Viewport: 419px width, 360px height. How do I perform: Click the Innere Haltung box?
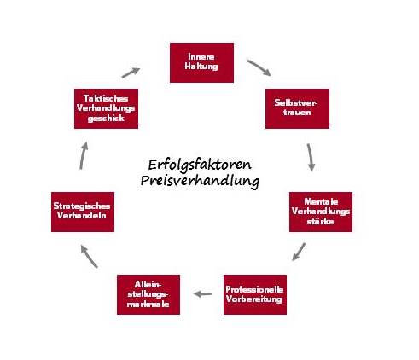pos(201,62)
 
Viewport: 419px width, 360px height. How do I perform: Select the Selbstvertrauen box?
pos(297,108)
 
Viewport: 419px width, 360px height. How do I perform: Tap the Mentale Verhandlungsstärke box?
pos(321,212)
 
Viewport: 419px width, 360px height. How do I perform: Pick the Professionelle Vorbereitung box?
pos(255,294)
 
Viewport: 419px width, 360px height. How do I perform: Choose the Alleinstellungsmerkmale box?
pos(148,294)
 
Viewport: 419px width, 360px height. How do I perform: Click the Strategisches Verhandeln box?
pos(83,212)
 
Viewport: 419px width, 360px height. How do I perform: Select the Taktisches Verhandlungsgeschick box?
pos(106,108)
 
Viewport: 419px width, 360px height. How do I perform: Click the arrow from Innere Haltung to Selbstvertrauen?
pos(259,67)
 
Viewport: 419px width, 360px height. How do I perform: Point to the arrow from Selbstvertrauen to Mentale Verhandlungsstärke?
pos(310,157)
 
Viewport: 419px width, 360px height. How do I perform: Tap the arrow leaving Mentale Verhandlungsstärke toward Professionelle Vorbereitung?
pos(299,252)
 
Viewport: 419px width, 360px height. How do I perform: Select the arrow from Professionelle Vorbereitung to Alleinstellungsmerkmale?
pos(202,293)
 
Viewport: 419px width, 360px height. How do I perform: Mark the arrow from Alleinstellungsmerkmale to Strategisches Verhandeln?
pos(89,257)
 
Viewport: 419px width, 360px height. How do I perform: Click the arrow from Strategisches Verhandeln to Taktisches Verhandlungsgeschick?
pos(82,156)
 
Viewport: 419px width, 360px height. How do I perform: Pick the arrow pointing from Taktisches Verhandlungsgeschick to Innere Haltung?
pos(131,73)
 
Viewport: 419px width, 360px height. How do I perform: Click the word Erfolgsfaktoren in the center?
pos(200,165)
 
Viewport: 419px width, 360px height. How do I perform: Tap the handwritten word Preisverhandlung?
pos(200,181)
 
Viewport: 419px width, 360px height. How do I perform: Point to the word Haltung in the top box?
pos(201,67)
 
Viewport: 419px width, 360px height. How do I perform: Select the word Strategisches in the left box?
pos(82,206)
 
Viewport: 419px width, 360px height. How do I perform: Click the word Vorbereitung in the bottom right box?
pos(254,299)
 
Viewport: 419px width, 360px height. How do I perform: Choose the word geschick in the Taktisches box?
pos(106,119)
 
